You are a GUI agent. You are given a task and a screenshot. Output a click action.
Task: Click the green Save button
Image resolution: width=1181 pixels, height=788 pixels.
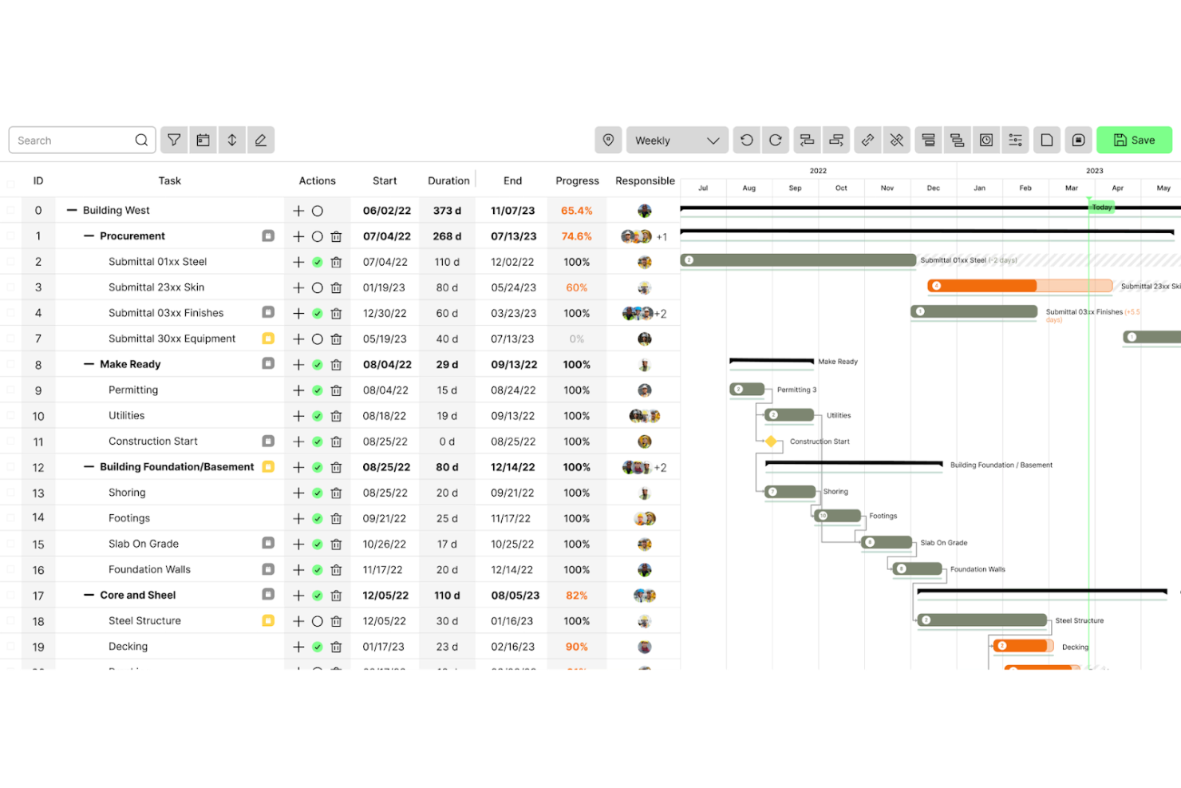point(1134,140)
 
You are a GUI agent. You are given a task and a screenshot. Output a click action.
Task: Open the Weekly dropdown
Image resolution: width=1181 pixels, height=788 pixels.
point(677,141)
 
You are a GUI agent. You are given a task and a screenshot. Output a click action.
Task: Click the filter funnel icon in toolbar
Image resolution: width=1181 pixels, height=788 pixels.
point(174,140)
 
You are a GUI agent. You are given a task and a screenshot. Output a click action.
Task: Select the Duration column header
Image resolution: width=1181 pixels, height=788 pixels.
point(448,181)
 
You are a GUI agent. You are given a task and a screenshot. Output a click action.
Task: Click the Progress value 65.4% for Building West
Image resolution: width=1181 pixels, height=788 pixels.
point(576,211)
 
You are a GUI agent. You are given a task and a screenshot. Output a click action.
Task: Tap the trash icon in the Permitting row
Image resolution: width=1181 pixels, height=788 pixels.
point(336,390)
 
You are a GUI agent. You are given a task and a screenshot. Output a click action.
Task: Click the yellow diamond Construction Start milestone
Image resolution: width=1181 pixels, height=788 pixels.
point(771,442)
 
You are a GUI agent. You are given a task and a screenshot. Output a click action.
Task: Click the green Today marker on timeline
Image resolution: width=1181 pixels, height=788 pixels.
point(1101,207)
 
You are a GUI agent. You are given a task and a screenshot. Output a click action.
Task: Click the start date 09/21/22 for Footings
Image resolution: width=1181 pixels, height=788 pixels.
point(385,518)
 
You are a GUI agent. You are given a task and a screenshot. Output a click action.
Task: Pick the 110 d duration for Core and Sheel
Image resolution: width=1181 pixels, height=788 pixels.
point(447,596)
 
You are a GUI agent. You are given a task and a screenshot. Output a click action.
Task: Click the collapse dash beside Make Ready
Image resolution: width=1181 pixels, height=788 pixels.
point(89,364)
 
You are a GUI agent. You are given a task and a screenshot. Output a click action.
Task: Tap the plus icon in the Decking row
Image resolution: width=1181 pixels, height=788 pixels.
point(298,647)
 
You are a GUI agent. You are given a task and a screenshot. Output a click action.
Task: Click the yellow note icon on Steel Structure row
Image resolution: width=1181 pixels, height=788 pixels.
point(268,620)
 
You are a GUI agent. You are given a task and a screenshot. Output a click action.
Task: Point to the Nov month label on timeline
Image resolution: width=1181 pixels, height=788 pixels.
point(887,188)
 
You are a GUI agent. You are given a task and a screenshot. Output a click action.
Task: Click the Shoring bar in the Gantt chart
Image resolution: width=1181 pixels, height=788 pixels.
point(791,492)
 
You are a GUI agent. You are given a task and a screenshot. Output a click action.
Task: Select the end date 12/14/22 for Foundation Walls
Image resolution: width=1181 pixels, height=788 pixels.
point(513,570)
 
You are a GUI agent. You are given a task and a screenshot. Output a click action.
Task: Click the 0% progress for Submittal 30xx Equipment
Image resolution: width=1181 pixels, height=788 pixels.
point(576,339)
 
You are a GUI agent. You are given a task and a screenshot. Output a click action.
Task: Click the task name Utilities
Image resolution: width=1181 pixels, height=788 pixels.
point(127,416)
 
